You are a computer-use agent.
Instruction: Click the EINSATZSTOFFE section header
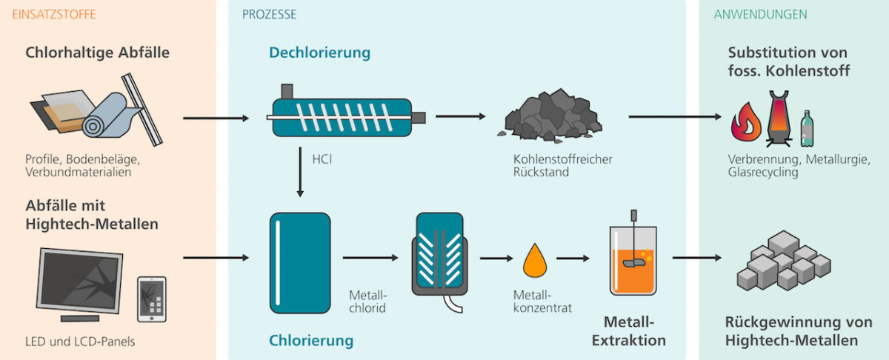(54, 15)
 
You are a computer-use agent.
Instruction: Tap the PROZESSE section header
(270, 15)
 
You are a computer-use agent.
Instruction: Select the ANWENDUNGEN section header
(760, 15)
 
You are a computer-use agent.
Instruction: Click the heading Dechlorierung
(319, 53)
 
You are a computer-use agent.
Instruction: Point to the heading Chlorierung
(311, 341)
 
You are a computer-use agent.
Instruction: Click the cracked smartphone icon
(152, 299)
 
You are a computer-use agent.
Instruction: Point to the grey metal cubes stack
(783, 260)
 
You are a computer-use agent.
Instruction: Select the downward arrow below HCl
(300, 172)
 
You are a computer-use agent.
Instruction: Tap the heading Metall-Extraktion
(635, 331)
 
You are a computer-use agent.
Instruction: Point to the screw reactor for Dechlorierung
(344, 118)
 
